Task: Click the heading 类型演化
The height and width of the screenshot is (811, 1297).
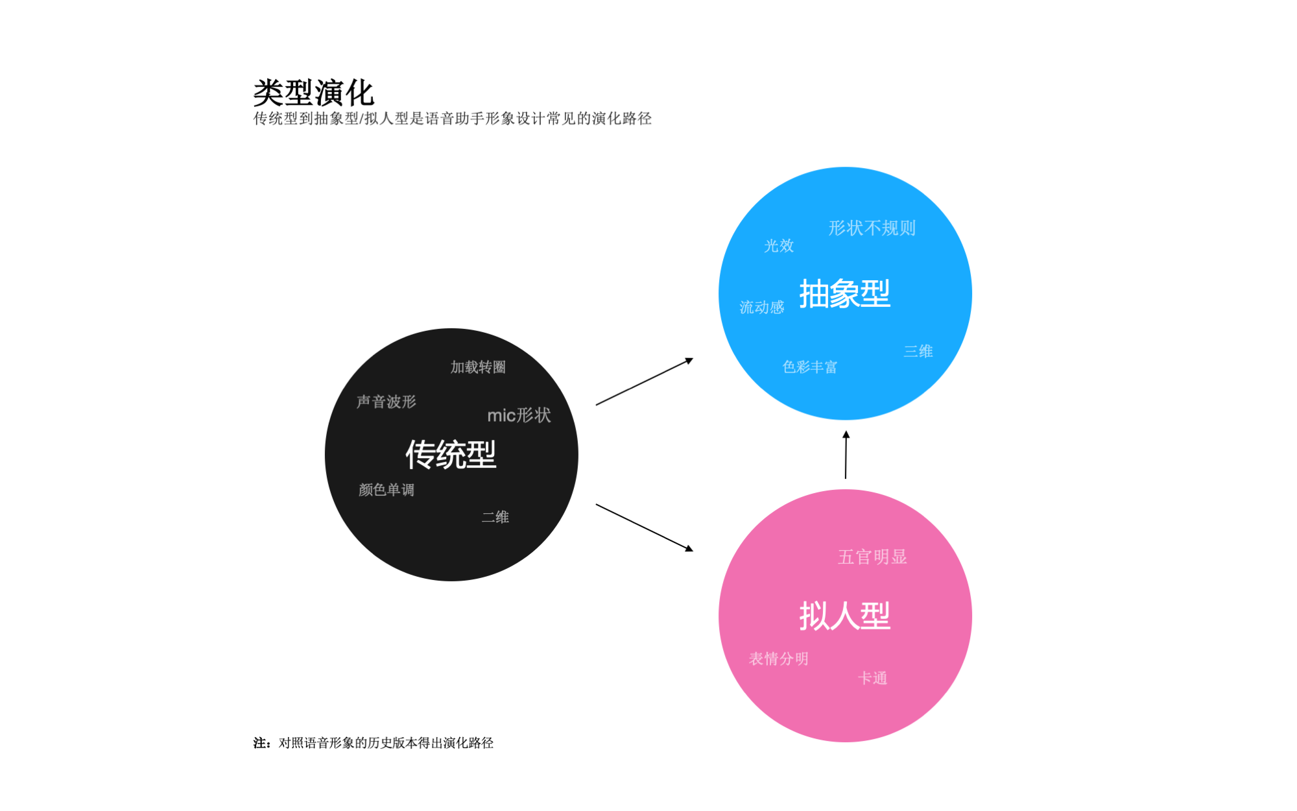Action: coord(314,93)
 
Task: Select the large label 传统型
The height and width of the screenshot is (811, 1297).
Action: coord(451,454)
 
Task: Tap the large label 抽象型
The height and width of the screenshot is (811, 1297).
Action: coord(844,293)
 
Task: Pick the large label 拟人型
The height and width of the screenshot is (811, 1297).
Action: coord(844,615)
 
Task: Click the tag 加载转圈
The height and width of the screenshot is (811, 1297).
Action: coord(478,367)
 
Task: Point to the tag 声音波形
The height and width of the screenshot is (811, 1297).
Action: coord(387,402)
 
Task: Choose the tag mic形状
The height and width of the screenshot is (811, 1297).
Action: coord(519,415)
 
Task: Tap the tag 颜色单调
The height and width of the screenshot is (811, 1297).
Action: coord(387,490)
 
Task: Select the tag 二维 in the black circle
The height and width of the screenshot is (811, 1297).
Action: coord(495,517)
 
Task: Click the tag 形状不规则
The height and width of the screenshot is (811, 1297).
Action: coord(872,228)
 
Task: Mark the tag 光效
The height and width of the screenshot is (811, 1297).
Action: coord(779,246)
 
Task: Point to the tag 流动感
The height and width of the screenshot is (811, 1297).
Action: coord(762,307)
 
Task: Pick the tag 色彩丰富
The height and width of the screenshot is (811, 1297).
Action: coord(810,367)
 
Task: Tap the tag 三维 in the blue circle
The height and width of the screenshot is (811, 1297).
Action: coord(918,351)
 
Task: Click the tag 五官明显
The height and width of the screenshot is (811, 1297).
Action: coord(872,557)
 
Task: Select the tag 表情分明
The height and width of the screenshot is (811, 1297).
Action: coord(779,659)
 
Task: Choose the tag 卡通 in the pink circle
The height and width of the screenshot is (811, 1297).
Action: coord(872,678)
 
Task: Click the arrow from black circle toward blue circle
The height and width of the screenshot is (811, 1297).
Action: coord(645,381)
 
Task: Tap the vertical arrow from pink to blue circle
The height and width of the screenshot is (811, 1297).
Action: coord(846,455)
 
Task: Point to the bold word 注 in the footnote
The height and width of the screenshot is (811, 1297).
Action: coord(260,743)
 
